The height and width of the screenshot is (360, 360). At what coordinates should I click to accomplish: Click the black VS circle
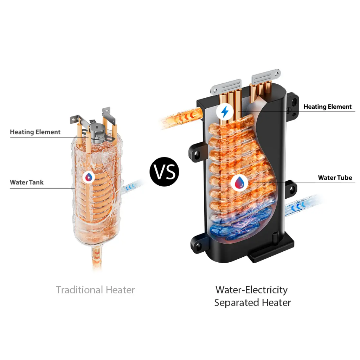coord(164,172)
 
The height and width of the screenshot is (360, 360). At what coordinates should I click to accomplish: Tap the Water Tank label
coord(27,182)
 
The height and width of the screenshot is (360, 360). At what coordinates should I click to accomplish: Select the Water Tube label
coord(335,178)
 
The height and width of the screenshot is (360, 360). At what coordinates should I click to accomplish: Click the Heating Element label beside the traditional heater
coord(35,132)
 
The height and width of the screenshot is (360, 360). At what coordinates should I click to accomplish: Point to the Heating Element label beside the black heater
coord(327,107)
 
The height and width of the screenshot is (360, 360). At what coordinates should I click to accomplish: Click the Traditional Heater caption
coord(95,290)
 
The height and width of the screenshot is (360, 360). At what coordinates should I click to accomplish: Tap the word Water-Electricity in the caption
coord(251,290)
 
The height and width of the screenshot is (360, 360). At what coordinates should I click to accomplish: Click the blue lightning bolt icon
coord(224,111)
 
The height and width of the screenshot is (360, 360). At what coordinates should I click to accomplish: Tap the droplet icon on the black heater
coord(239,182)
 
